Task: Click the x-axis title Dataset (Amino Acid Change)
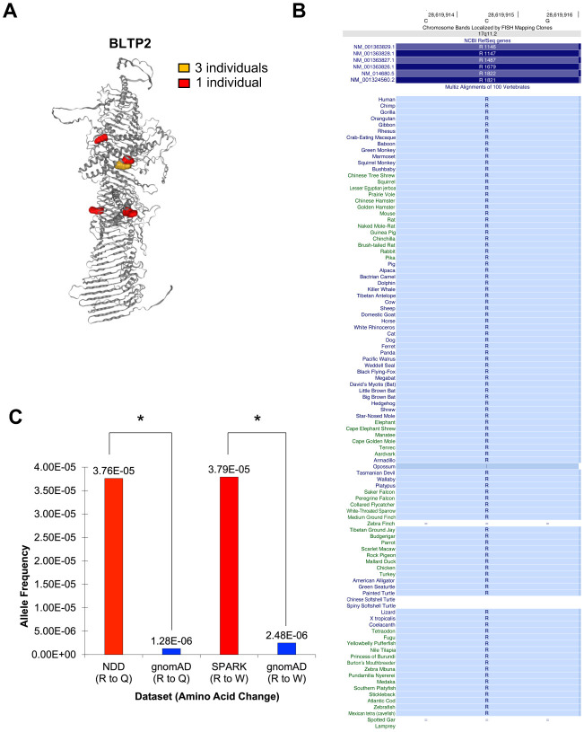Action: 205,719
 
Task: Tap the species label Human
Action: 387,100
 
